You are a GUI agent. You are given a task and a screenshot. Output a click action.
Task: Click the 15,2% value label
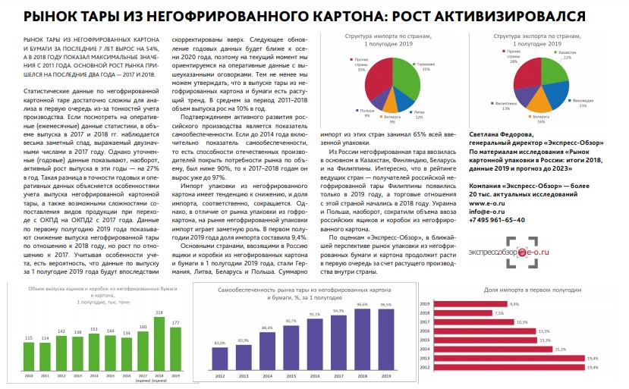click(559, 349)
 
